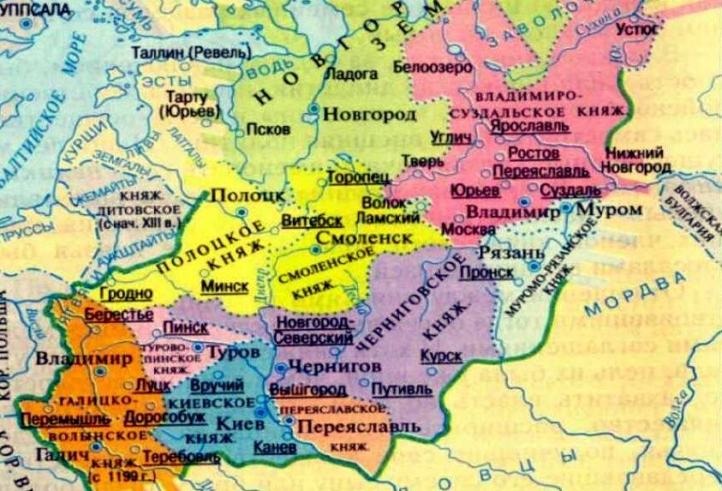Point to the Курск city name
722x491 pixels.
[x=441, y=354]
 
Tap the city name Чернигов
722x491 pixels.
[x=322, y=365]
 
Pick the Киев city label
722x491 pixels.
[x=236, y=423]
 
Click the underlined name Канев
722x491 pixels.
[x=276, y=446]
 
